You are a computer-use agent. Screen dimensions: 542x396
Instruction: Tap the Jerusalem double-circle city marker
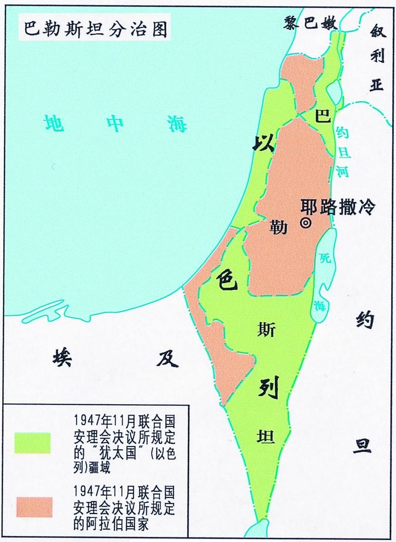pos(305,223)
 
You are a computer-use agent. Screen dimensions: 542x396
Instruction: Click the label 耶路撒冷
pos(338,207)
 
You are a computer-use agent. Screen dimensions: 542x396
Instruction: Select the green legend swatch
pos(32,443)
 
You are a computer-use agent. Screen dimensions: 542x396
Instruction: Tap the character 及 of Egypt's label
pos(167,357)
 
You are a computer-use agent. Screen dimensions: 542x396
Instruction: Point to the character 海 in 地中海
pos(177,123)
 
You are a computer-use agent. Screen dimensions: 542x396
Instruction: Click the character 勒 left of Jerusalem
pos(279,227)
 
